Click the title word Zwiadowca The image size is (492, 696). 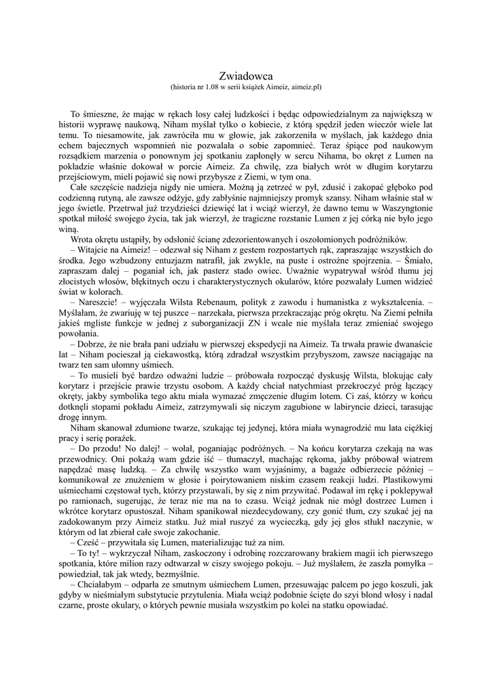[246, 76]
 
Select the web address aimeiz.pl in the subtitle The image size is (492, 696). [306, 88]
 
